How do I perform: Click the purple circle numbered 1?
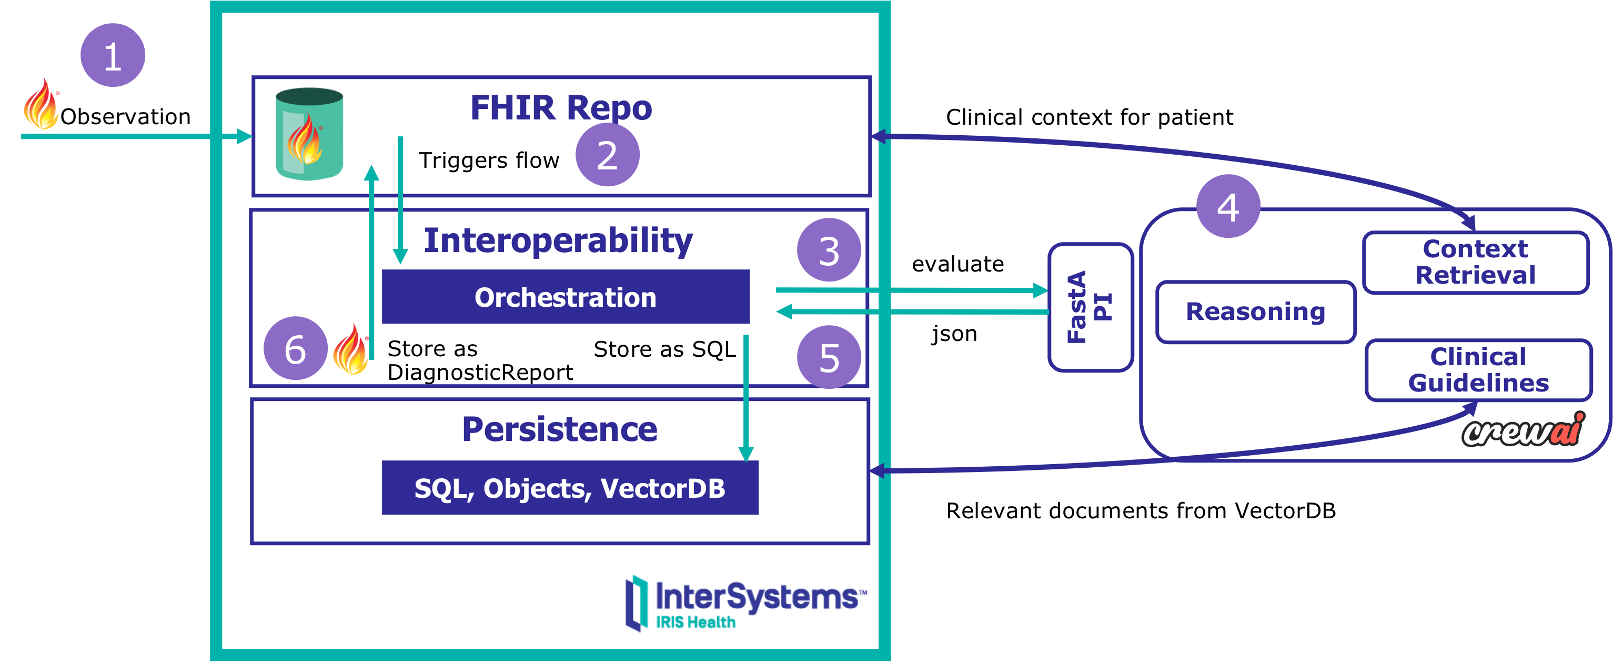click(113, 55)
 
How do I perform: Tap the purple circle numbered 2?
click(607, 154)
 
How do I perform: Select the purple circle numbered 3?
click(829, 250)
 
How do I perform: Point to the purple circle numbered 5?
click(829, 357)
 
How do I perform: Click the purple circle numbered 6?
click(295, 348)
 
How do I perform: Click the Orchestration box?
click(566, 297)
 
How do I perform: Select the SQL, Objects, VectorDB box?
click(570, 488)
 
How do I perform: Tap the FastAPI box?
click(1090, 307)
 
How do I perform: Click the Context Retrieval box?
click(1475, 262)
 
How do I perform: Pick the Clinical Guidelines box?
click(1478, 369)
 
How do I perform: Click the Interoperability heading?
click(558, 240)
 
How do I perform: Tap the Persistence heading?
click(559, 429)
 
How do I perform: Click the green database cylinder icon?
click(309, 134)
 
